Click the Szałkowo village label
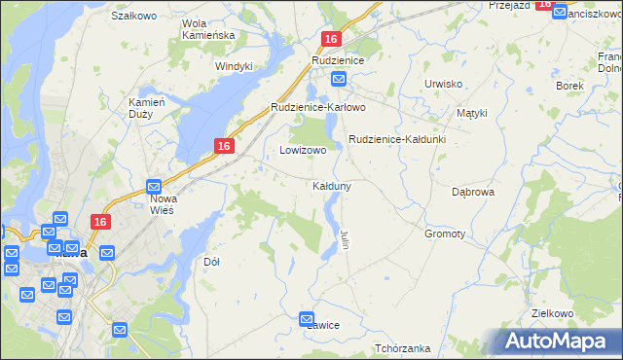134,16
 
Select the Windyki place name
234,66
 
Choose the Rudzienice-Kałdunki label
397,139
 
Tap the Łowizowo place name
303,151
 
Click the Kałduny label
332,185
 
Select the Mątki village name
471,113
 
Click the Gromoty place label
445,234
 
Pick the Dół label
211,262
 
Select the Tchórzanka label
402,348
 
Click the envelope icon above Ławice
308,317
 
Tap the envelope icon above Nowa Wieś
154,186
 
